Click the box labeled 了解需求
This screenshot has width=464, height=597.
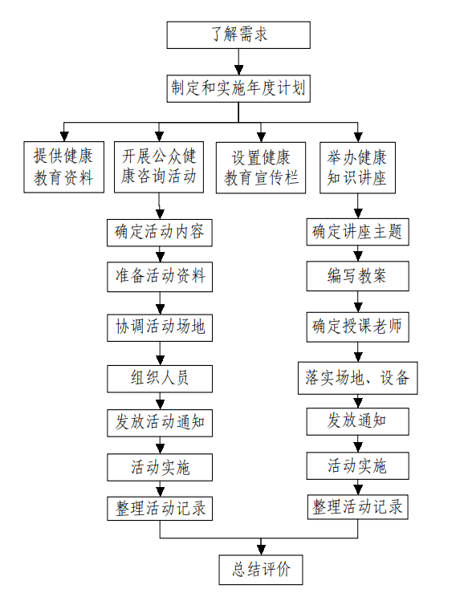(238, 35)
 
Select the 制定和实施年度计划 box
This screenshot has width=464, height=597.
(238, 89)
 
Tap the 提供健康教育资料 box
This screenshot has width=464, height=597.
(64, 167)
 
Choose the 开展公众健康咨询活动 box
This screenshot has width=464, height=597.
(159, 167)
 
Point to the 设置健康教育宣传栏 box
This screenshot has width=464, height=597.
(261, 168)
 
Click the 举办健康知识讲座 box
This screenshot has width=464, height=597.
(358, 168)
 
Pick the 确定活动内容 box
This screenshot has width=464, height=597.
(160, 233)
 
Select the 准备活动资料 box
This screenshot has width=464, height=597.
(160, 277)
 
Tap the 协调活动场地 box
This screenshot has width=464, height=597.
(160, 328)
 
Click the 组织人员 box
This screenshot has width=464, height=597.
(160, 379)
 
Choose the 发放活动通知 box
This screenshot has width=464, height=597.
(160, 423)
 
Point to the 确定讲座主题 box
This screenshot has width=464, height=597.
(358, 232)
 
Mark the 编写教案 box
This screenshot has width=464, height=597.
(358, 276)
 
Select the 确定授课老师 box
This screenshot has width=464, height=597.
(358, 327)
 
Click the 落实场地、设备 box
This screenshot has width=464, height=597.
(358, 378)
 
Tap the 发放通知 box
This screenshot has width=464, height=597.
(358, 421)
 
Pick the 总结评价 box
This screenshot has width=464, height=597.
(261, 570)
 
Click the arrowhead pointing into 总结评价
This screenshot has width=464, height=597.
(261, 550)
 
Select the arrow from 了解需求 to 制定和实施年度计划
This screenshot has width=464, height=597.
(239, 62)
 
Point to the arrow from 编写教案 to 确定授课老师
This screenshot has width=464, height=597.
(358, 302)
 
